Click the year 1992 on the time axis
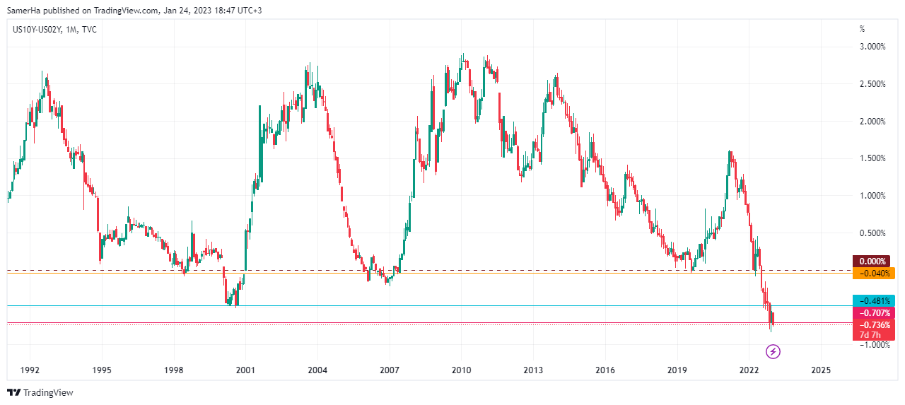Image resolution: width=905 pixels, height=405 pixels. click(30, 370)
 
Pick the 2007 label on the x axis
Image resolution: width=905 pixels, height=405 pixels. click(390, 370)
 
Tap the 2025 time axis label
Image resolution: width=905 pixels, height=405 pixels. click(821, 370)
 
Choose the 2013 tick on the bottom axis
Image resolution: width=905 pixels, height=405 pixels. click(533, 370)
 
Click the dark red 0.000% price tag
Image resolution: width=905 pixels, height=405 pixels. click(874, 262)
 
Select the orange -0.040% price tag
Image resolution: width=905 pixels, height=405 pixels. click(874, 273)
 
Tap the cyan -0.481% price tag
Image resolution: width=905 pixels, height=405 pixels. click(874, 300)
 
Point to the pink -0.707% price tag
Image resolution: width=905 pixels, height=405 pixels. click(874, 312)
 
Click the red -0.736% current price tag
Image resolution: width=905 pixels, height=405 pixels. click(874, 325)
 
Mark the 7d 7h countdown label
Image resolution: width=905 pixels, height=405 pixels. click(870, 334)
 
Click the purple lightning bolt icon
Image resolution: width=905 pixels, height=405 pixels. click(773, 351)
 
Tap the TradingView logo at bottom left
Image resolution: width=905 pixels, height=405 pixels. click(40, 392)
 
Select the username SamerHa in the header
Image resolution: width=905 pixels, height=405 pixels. click(21, 10)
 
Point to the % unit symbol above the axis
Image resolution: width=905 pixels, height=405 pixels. click(861, 29)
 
